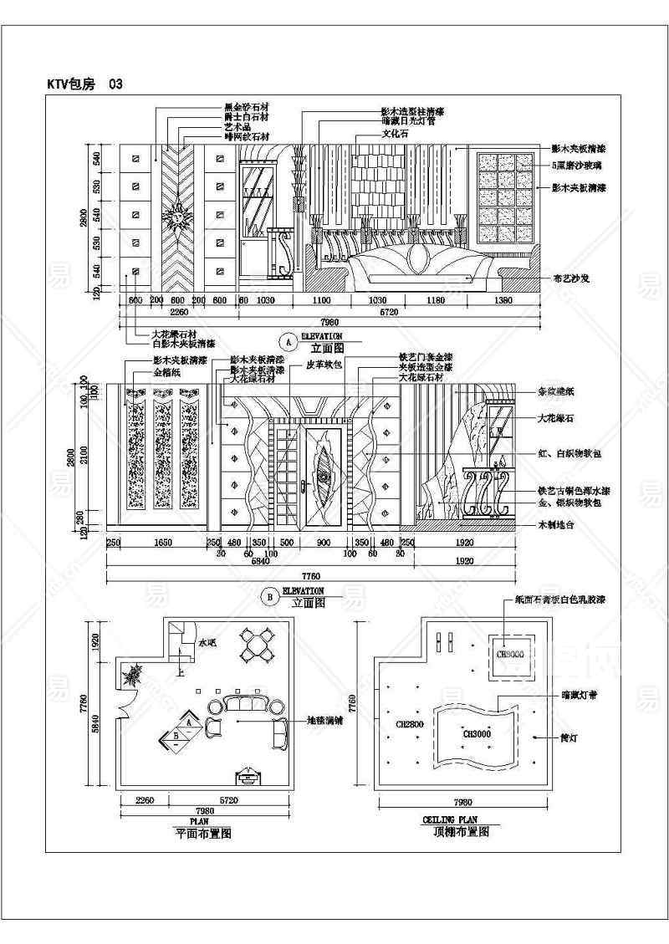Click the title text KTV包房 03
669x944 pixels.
[86, 84]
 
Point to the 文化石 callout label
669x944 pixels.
[397, 134]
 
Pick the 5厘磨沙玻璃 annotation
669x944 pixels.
[579, 166]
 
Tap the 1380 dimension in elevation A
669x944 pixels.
[503, 300]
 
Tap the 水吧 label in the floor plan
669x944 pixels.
[207, 642]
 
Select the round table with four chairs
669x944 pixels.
[258, 645]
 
